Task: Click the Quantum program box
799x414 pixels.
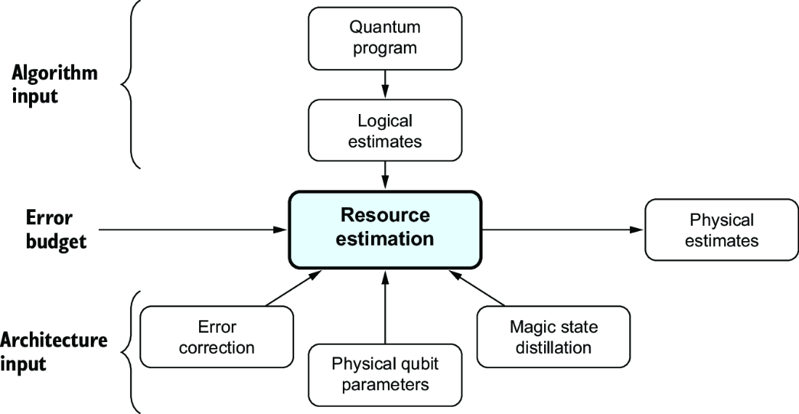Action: [385, 38]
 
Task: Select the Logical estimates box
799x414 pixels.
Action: [385, 130]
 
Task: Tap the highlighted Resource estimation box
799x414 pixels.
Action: [385, 230]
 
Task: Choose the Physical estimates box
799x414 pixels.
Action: [721, 230]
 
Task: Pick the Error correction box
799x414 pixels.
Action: [216, 336]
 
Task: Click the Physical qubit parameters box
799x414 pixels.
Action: [385, 375]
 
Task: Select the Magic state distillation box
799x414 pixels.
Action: [553, 336]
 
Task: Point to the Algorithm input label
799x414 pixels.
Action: [54, 84]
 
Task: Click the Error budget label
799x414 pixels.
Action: [56, 229]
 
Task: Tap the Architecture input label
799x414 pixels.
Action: [54, 352]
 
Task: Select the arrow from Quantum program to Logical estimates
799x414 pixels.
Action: [385, 84]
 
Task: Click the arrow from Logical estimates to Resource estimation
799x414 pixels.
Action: [385, 176]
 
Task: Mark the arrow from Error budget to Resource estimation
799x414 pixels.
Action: [193, 230]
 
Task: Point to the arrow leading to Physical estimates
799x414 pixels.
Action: [563, 230]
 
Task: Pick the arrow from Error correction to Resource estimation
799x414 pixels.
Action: [293, 288]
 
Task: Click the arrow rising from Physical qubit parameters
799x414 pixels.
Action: [385, 307]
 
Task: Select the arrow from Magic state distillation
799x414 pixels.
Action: [476, 288]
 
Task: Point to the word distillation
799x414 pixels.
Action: [553, 347]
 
